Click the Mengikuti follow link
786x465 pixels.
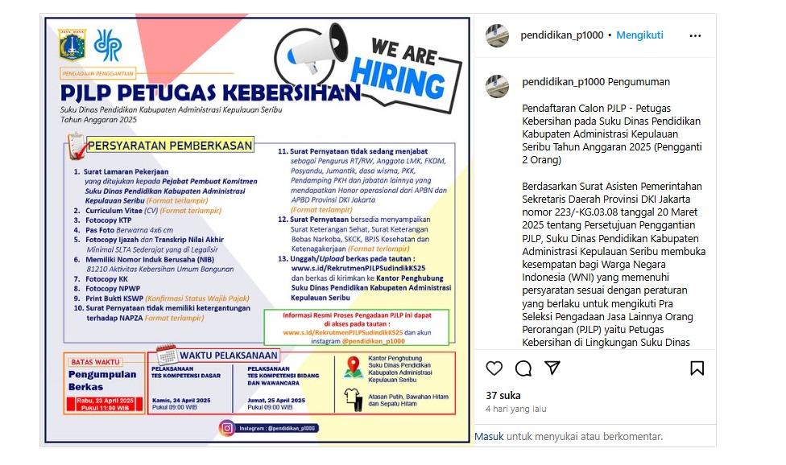point(639,35)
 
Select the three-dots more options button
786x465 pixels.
point(696,35)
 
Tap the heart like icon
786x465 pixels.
point(494,368)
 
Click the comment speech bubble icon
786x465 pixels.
point(523,368)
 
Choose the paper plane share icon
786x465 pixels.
point(552,368)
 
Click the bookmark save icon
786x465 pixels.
point(697,368)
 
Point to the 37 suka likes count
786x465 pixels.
point(503,395)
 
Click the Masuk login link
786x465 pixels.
point(489,436)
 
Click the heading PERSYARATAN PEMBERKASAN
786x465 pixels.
point(169,146)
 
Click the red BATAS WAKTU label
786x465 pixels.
point(95,361)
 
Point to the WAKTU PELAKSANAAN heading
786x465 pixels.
point(229,355)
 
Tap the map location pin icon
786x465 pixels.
point(352,367)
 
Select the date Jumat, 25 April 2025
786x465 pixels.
point(275,400)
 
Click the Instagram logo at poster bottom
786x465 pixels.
point(228,428)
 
